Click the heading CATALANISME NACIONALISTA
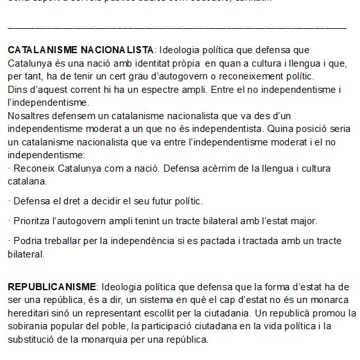[x=81, y=50]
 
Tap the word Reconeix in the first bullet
[x=33, y=169]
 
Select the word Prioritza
[x=33, y=221]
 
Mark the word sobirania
[x=29, y=328]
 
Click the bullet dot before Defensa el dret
[x=10, y=201]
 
